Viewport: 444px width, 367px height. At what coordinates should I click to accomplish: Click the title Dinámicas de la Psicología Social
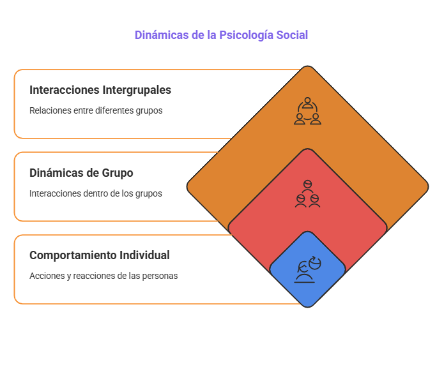click(221, 35)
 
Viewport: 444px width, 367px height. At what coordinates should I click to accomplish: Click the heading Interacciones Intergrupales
click(100, 90)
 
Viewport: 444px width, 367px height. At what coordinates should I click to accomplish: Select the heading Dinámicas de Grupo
click(81, 173)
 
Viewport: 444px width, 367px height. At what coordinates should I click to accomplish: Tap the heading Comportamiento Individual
click(99, 255)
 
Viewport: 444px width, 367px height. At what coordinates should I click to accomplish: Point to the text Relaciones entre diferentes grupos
click(96, 110)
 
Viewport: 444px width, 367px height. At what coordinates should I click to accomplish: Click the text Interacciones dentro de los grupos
click(95, 193)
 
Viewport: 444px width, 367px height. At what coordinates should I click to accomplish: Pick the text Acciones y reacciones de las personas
click(103, 276)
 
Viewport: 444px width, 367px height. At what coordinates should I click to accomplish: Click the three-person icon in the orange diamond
click(307, 111)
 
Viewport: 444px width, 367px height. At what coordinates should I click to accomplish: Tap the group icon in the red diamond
click(307, 194)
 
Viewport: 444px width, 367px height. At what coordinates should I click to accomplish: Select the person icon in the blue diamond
click(307, 269)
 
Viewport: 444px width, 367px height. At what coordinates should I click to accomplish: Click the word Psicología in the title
click(247, 35)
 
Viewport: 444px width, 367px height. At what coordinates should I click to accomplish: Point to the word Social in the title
click(293, 35)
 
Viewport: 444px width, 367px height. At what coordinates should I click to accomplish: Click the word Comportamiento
click(73, 255)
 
